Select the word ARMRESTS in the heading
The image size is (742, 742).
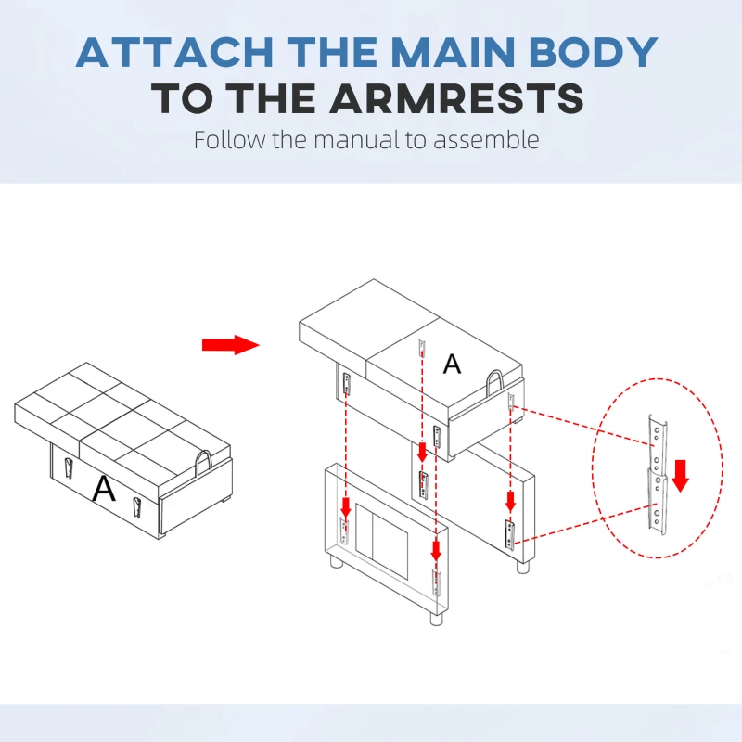(456, 98)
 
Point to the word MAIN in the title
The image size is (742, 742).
(454, 52)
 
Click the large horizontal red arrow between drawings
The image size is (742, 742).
(231, 344)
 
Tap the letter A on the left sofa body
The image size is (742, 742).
(104, 489)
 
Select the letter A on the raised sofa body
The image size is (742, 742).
(452, 364)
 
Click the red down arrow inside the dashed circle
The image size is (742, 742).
(681, 476)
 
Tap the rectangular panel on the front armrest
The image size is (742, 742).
(381, 542)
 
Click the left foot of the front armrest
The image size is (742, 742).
(337, 562)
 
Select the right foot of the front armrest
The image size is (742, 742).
(436, 619)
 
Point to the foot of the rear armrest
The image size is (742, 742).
(523, 567)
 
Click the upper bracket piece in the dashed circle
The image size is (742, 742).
(658, 445)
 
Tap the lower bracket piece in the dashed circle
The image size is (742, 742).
(657, 502)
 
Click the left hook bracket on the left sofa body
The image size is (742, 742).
(69, 468)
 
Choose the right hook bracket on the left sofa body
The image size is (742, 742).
(136, 507)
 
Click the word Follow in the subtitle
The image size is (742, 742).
(229, 140)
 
